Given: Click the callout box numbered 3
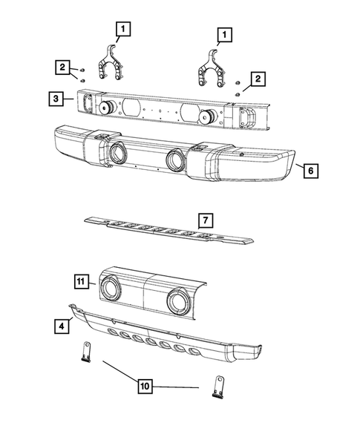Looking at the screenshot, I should coord(56,97).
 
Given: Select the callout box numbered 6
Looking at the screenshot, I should coord(310,171).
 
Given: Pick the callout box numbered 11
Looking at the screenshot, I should coord(82,281).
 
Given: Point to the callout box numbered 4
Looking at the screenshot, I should coord(56,324).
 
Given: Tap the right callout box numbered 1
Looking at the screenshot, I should coord(222,34).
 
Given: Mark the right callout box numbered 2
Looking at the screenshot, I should coord(258,79).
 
